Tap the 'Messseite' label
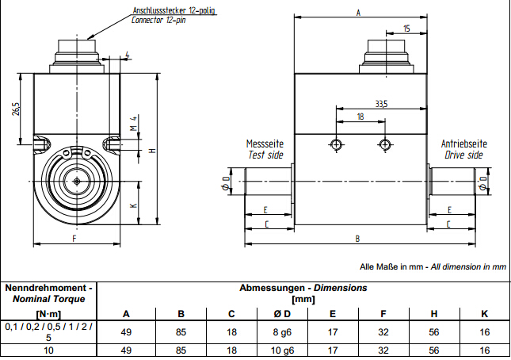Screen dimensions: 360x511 click(265, 144)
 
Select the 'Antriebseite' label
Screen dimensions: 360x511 click(464, 144)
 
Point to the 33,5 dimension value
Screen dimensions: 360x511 click(381, 103)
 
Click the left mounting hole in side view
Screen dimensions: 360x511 click(336, 144)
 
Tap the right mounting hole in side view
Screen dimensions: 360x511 click(386, 144)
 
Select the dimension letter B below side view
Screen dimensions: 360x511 click(357, 238)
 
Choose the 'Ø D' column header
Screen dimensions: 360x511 click(282, 312)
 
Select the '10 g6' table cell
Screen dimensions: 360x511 click(282, 350)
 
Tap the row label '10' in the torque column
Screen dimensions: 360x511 click(48, 350)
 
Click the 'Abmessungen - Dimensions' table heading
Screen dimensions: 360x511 click(303, 288)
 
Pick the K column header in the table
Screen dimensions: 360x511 click(483, 312)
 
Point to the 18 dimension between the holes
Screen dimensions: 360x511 click(360, 117)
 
